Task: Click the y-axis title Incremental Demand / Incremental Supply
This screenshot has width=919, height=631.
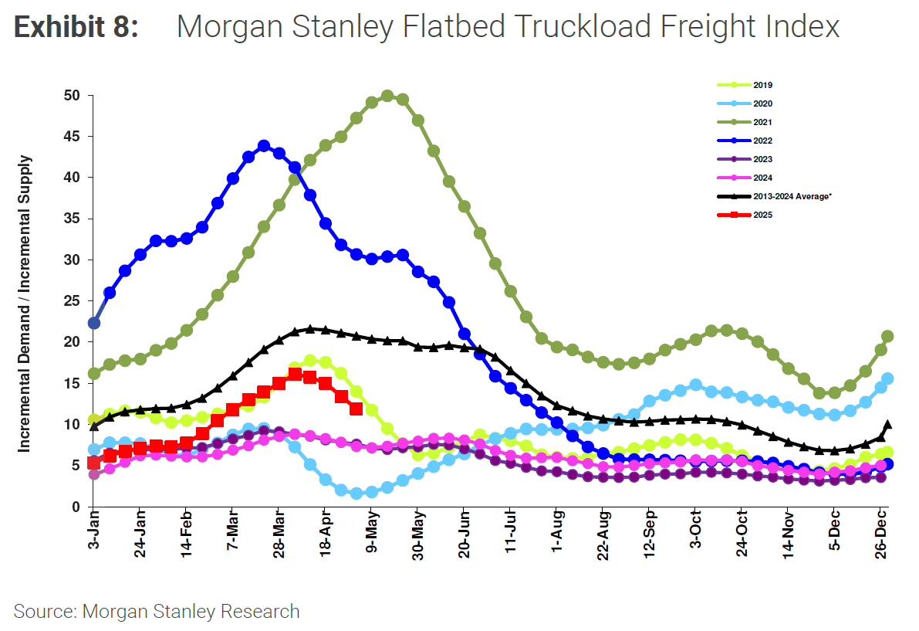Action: click(x=25, y=303)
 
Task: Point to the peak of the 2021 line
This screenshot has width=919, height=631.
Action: click(x=387, y=97)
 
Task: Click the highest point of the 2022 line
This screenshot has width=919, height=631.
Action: click(x=264, y=146)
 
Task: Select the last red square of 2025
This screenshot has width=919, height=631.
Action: click(x=356, y=409)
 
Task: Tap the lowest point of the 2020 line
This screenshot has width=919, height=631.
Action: click(x=356, y=494)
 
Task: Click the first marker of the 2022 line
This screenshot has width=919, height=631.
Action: click(x=94, y=323)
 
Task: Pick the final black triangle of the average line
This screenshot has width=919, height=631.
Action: click(x=887, y=424)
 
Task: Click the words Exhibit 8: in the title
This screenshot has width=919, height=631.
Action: click(x=76, y=28)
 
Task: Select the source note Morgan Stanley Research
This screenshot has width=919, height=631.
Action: click(x=157, y=612)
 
